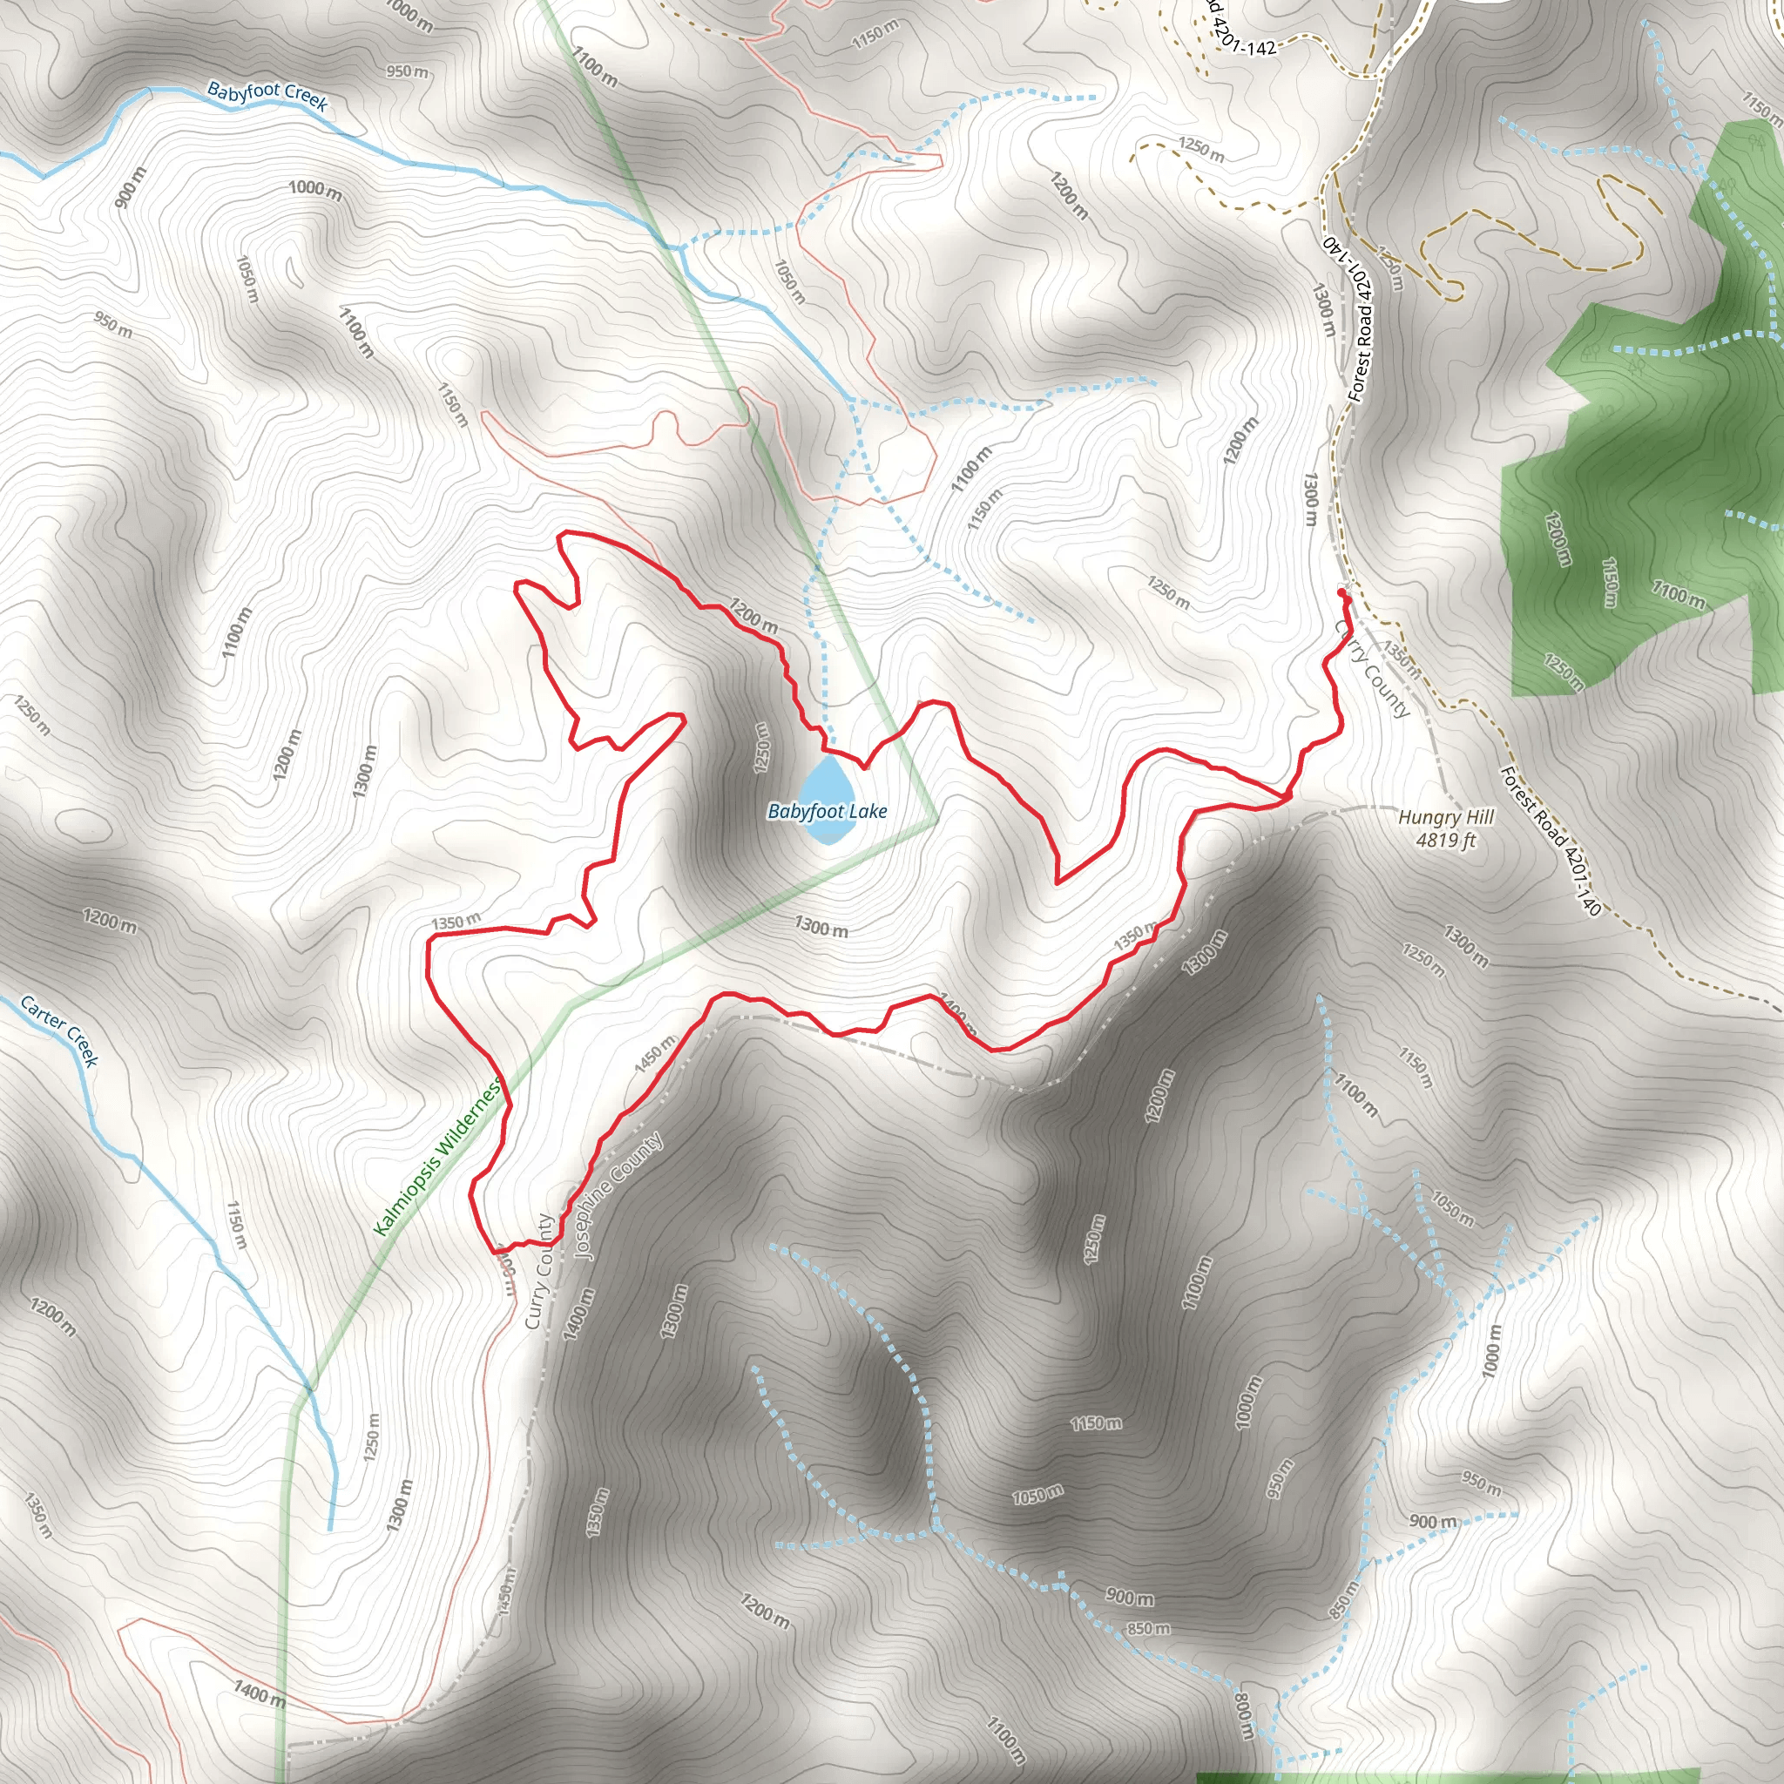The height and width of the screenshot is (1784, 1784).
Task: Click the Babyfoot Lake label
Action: (x=827, y=812)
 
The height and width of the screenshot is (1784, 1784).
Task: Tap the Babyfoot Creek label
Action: (x=267, y=96)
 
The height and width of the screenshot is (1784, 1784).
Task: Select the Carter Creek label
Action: (x=59, y=1031)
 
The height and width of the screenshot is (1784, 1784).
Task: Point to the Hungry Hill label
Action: (x=1445, y=817)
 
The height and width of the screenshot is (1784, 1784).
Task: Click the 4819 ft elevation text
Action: (x=1445, y=841)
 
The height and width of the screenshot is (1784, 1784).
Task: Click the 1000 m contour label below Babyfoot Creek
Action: (x=314, y=189)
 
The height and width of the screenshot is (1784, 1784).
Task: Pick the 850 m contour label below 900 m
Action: (x=1148, y=1628)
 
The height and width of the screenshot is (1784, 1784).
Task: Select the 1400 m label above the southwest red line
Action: (x=259, y=1693)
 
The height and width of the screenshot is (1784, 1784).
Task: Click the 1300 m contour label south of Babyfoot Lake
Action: (x=821, y=927)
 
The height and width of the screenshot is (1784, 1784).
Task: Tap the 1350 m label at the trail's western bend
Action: (x=456, y=922)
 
